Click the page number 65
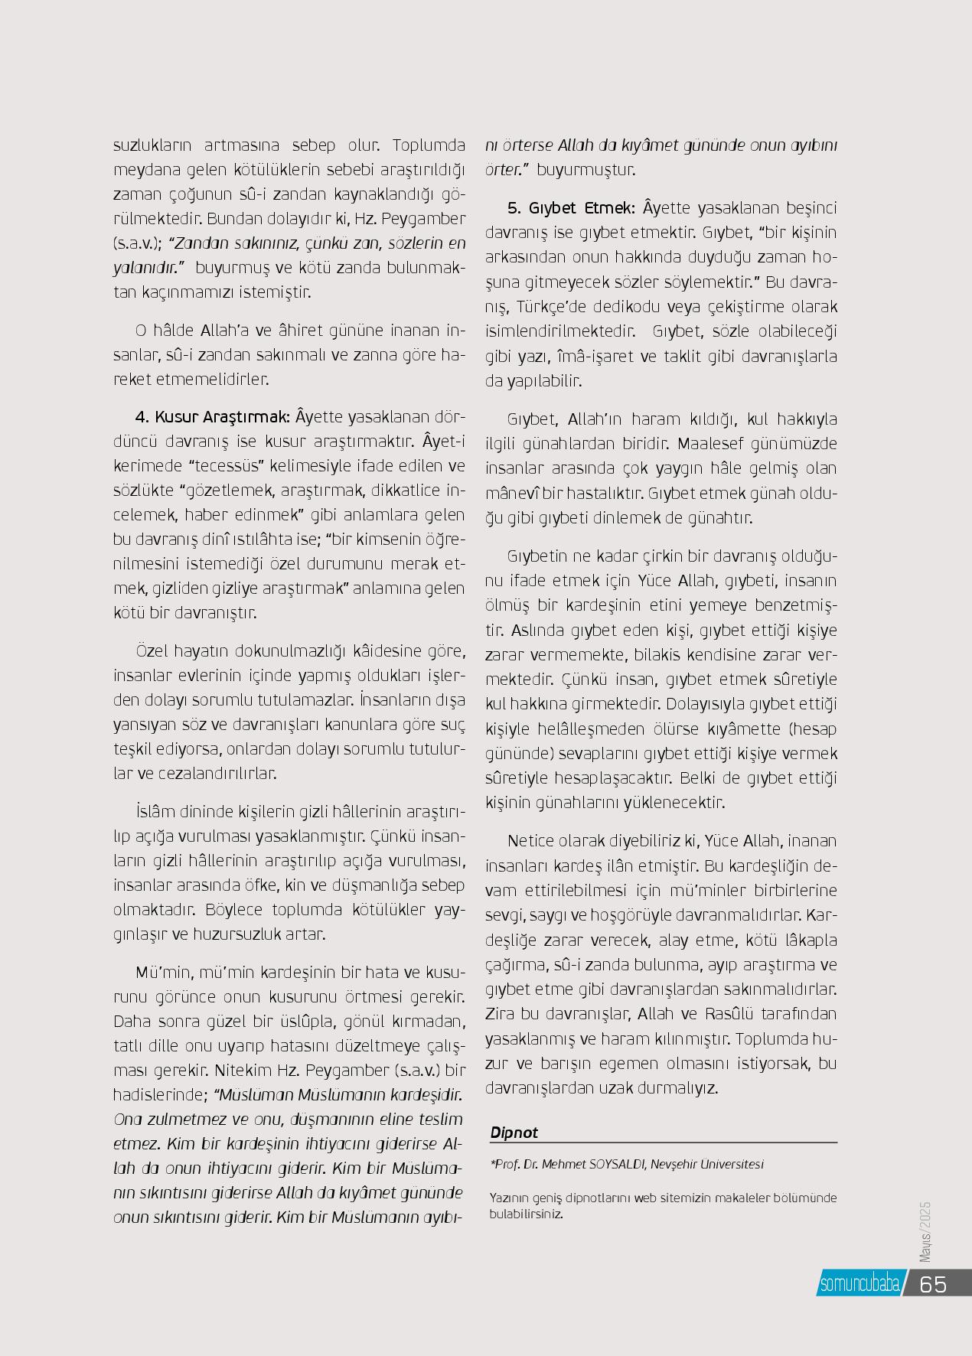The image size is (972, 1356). point(933,1283)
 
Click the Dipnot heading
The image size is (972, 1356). point(514,1133)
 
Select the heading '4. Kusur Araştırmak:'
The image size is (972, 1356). point(212,417)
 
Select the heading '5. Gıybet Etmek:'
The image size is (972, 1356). point(569,208)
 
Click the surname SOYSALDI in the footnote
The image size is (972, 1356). point(618,1165)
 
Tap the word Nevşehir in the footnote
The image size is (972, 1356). point(680,1165)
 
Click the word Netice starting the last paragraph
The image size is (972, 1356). point(530,842)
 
